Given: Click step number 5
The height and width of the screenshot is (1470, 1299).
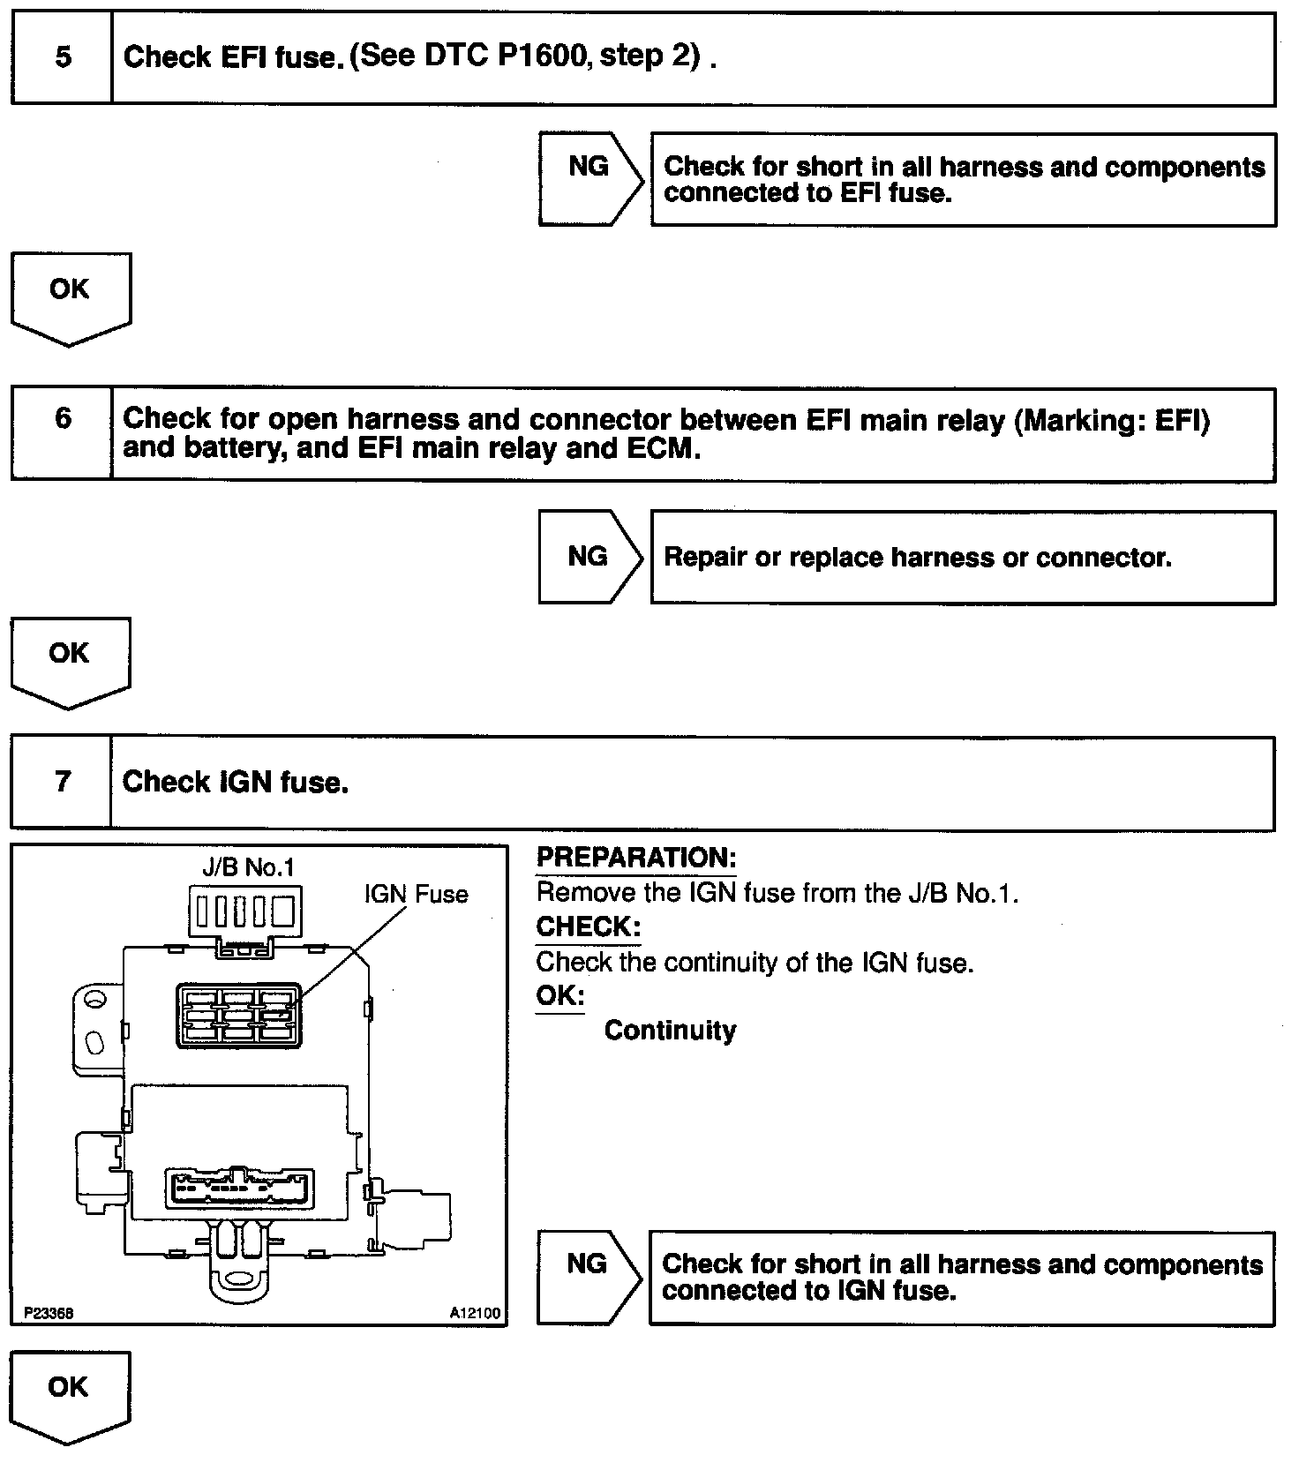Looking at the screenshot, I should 63,57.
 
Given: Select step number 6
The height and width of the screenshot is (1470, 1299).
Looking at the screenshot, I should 63,417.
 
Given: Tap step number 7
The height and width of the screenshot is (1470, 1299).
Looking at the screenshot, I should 63,782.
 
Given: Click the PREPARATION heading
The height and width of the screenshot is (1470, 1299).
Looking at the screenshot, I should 636,858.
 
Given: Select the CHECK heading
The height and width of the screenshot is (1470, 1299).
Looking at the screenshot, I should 589,927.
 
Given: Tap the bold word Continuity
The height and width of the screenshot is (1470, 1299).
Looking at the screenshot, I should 670,1031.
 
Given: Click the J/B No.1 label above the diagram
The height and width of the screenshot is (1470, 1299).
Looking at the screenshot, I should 248,867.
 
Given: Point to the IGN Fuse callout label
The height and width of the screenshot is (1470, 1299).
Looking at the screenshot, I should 417,894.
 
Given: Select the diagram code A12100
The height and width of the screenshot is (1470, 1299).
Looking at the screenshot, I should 475,1313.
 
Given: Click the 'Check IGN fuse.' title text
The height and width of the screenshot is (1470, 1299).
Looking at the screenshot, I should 236,782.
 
